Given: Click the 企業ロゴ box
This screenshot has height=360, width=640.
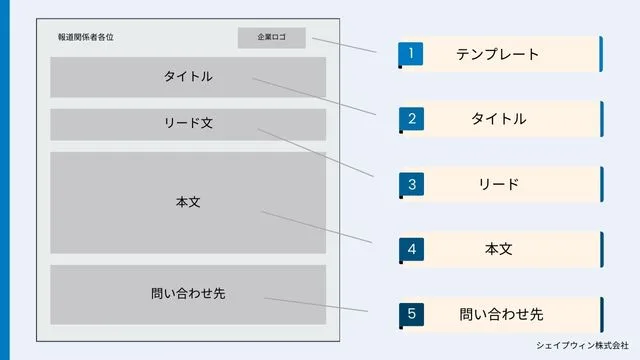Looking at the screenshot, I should click(271, 37).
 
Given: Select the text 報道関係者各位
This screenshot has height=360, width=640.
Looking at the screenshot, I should click(86, 38).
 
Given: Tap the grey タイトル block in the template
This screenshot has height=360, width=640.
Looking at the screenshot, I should click(188, 77).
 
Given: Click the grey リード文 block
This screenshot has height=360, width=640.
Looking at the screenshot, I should click(188, 124).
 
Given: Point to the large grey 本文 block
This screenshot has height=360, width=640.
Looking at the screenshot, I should click(188, 202).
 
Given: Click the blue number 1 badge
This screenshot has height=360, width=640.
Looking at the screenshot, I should click(410, 53).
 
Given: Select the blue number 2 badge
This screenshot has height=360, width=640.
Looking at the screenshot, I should click(410, 119).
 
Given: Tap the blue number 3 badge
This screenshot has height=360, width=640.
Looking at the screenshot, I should click(410, 184).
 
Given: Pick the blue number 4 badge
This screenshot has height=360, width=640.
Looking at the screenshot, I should click(410, 249).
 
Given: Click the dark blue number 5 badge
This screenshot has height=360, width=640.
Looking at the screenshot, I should click(410, 314).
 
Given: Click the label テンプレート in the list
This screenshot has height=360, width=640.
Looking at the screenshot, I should click(497, 54).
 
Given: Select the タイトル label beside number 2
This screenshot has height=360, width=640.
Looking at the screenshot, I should click(498, 119).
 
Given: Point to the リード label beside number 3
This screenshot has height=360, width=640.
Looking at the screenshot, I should click(498, 185).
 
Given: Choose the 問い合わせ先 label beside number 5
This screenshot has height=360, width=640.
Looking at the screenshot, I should click(501, 315).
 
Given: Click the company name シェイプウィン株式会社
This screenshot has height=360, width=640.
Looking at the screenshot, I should click(589, 345).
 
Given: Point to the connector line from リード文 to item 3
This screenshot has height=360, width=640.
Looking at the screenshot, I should click(316, 154).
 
